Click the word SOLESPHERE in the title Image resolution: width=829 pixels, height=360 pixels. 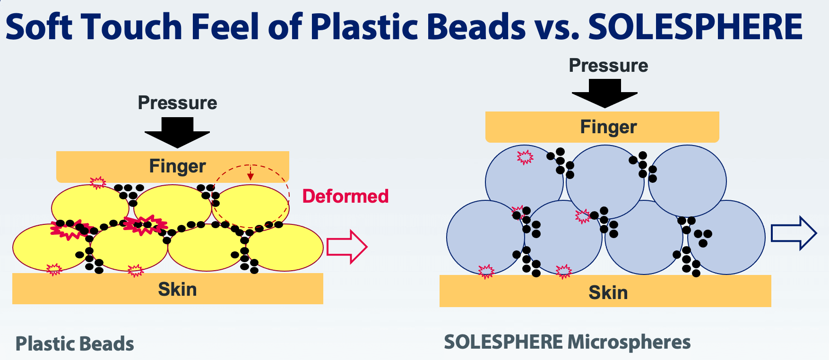tap(695, 26)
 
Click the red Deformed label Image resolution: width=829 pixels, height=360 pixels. tap(345, 196)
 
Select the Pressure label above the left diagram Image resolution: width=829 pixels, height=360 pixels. tap(177, 103)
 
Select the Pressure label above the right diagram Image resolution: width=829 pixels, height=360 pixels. tap(608, 66)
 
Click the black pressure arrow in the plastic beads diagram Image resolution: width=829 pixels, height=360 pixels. tap(177, 133)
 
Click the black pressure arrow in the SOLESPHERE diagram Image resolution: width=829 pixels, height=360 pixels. tap(604, 93)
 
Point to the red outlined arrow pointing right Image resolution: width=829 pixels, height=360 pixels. tap(347, 247)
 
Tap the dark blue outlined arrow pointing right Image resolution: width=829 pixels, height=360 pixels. tap(794, 233)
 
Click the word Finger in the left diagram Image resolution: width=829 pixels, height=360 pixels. tap(177, 166)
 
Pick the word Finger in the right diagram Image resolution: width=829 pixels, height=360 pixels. tap(608, 127)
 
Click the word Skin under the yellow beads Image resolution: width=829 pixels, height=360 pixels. tap(177, 289)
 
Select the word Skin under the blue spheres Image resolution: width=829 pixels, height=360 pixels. tap(608, 293)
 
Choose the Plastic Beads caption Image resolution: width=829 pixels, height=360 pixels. tap(75, 344)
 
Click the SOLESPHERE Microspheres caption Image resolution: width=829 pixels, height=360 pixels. tap(567, 342)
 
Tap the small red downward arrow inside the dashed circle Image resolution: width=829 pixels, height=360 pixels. tap(250, 172)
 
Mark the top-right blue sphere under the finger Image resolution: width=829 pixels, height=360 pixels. tap(687, 181)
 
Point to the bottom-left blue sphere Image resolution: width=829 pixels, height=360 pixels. tap(486, 238)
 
